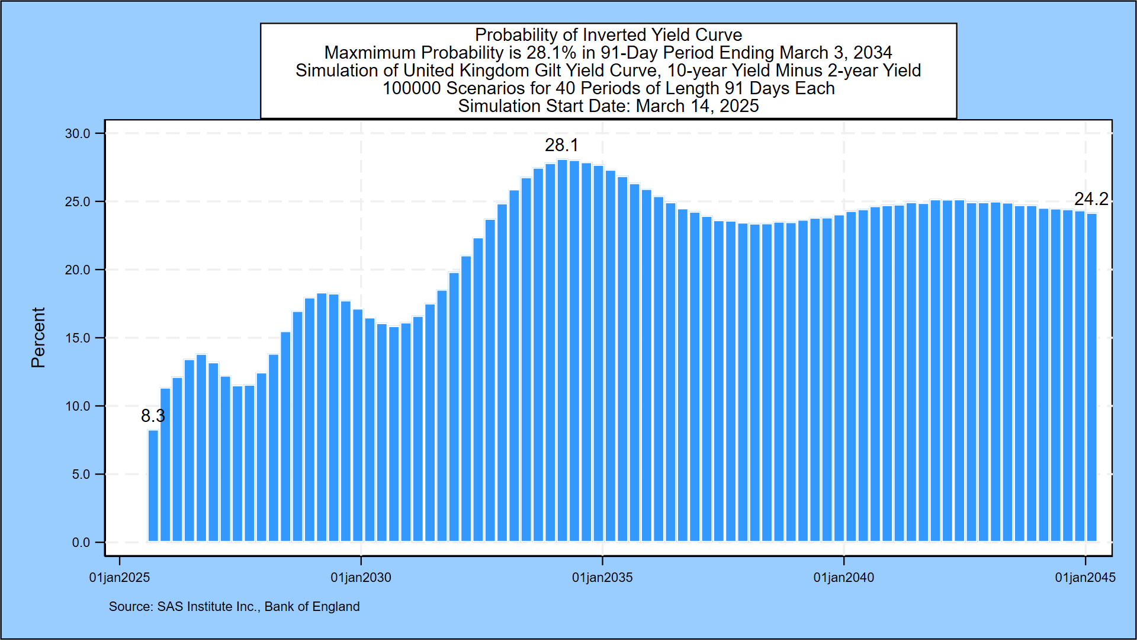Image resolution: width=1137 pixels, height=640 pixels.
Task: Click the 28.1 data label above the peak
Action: point(561,145)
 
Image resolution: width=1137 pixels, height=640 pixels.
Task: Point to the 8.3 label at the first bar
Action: point(153,416)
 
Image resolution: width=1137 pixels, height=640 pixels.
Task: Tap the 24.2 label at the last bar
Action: point(1091,199)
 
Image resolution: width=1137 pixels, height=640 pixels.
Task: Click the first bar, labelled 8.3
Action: point(153,486)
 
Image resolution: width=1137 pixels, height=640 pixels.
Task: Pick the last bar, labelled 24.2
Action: point(1091,377)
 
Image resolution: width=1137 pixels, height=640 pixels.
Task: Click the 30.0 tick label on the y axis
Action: point(78,134)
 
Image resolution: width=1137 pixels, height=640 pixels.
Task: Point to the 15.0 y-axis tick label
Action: point(78,338)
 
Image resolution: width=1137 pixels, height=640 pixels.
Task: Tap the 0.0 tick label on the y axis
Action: point(81,543)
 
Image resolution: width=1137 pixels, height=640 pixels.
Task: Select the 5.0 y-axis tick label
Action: point(81,475)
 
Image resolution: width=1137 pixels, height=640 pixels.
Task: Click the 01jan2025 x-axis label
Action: point(120,578)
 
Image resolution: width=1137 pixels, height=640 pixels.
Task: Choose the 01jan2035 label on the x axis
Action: point(602,578)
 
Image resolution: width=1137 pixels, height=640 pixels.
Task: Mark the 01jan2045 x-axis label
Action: point(1085,578)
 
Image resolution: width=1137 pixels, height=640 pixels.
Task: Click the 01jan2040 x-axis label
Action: point(844,578)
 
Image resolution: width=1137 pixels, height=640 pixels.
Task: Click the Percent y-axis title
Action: point(38,338)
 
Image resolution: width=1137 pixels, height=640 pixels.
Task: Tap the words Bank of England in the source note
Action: point(312,607)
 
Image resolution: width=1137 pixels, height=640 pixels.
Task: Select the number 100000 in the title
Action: point(412,88)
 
